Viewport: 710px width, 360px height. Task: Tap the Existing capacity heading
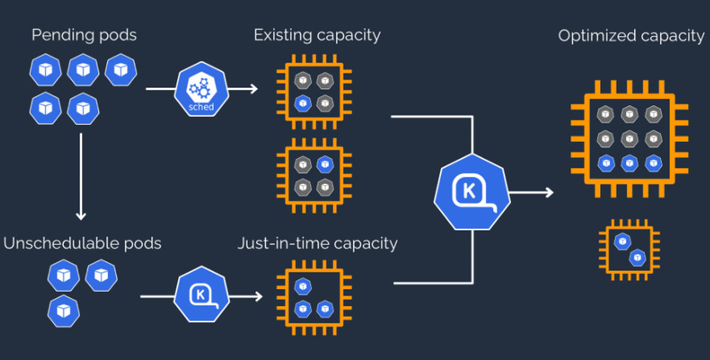(317, 34)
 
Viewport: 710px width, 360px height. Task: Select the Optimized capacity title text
(631, 36)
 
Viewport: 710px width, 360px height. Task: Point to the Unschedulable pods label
(82, 244)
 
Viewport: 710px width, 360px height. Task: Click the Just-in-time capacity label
(317, 244)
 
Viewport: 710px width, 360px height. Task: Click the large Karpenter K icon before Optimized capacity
(471, 192)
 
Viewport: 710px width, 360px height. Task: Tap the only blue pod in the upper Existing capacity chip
(303, 102)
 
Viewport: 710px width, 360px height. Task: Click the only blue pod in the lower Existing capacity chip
(324, 164)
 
